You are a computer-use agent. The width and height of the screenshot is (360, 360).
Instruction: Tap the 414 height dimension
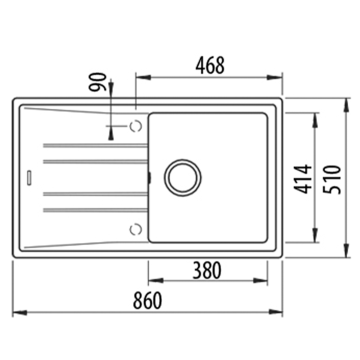[x=297, y=176]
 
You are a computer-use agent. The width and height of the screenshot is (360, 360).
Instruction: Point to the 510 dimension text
[x=330, y=175]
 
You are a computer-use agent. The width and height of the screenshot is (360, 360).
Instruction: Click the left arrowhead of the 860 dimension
[x=19, y=286]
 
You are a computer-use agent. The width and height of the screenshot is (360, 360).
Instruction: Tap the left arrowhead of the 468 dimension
[x=139, y=77]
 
